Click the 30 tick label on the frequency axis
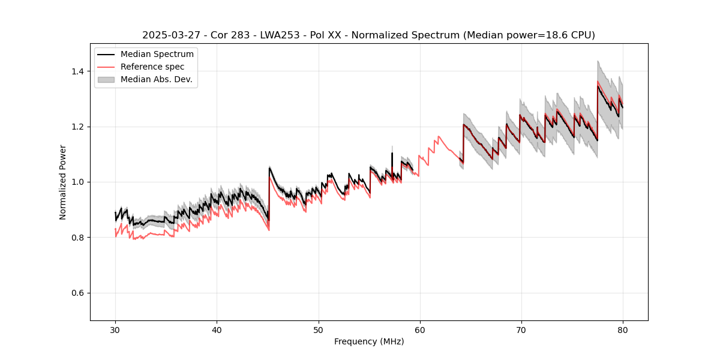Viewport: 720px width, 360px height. click(x=115, y=329)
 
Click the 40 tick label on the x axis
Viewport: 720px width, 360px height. click(x=217, y=329)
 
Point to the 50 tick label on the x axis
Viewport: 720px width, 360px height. click(x=318, y=329)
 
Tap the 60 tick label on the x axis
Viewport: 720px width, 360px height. click(x=419, y=329)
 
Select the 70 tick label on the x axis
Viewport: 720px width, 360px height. click(x=521, y=329)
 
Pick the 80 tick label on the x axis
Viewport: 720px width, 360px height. click(x=622, y=329)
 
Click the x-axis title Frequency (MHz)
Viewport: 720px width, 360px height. click(x=369, y=341)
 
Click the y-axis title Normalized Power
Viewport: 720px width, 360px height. click(x=63, y=182)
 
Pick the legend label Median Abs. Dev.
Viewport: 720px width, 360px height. click(x=156, y=79)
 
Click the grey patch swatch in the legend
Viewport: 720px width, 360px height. click(x=106, y=79)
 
